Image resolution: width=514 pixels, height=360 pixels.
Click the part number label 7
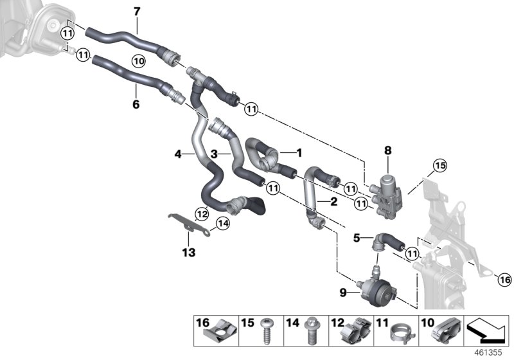(136, 11)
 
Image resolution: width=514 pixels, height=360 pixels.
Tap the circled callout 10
(139, 60)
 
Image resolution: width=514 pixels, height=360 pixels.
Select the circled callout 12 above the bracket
(202, 213)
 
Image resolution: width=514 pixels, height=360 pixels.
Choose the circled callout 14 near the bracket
(222, 224)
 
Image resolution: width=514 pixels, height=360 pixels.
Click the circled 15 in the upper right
(439, 165)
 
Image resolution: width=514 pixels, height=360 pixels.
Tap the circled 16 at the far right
(504, 279)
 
